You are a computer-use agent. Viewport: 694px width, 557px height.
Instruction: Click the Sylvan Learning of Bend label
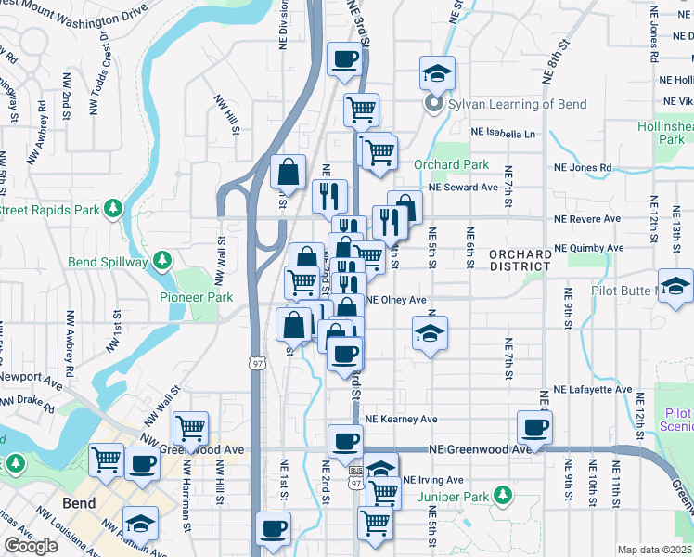click(x=517, y=104)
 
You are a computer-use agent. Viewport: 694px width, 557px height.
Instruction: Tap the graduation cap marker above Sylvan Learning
click(x=437, y=72)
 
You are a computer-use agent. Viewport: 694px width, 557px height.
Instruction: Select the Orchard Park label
click(x=451, y=164)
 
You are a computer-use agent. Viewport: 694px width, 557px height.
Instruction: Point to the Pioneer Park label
click(x=196, y=298)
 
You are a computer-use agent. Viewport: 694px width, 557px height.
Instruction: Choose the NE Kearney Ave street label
click(x=401, y=420)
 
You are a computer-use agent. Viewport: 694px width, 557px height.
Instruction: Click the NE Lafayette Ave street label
click(x=592, y=390)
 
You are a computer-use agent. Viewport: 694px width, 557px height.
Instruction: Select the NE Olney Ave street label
click(x=397, y=300)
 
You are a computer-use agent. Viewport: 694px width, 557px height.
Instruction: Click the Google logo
click(x=31, y=546)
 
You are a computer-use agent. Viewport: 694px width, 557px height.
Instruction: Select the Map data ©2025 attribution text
click(x=654, y=550)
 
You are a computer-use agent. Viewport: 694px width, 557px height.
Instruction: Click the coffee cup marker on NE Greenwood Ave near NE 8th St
click(x=535, y=427)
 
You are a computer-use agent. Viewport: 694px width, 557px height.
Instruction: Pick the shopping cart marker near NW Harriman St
click(x=190, y=428)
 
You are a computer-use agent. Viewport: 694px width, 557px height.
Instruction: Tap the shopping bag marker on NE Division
click(x=289, y=171)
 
